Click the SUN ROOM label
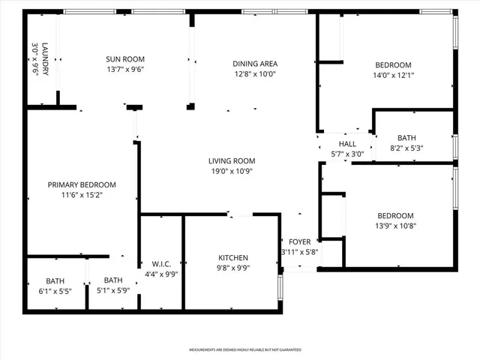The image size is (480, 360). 125,59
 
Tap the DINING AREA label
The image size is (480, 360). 256,64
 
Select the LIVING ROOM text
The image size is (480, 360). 232,160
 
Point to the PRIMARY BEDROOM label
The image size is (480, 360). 82,185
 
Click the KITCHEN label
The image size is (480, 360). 232,258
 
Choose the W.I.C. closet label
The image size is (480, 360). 161,264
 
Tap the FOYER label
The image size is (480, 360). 300,242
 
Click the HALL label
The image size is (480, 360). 347,144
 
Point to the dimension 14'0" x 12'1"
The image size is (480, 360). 393,75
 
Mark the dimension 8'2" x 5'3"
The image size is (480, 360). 406,148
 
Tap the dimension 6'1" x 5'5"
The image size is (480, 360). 55,291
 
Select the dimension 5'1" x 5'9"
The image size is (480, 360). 113,291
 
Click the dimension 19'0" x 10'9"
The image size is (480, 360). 232,171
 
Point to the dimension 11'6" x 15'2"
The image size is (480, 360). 82,195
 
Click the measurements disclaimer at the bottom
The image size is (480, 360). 244,349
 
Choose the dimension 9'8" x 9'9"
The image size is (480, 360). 232,268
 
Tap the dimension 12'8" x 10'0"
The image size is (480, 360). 256,73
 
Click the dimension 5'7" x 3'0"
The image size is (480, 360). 347,154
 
